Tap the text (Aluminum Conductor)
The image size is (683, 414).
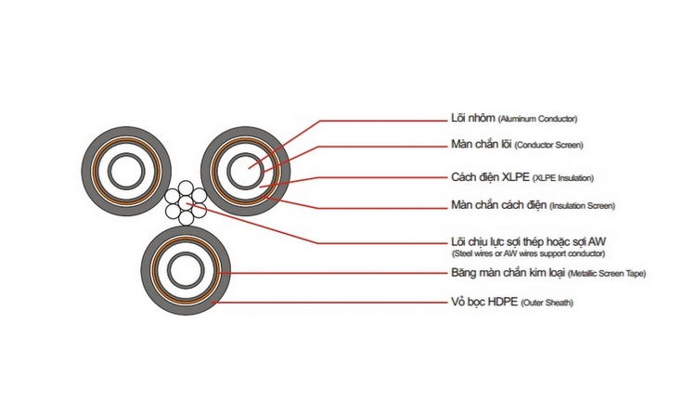538,120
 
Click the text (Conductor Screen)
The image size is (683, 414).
548,146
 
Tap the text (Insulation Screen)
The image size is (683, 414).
583,205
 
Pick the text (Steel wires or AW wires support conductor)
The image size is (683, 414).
528,253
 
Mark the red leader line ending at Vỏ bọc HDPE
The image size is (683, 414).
334,303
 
